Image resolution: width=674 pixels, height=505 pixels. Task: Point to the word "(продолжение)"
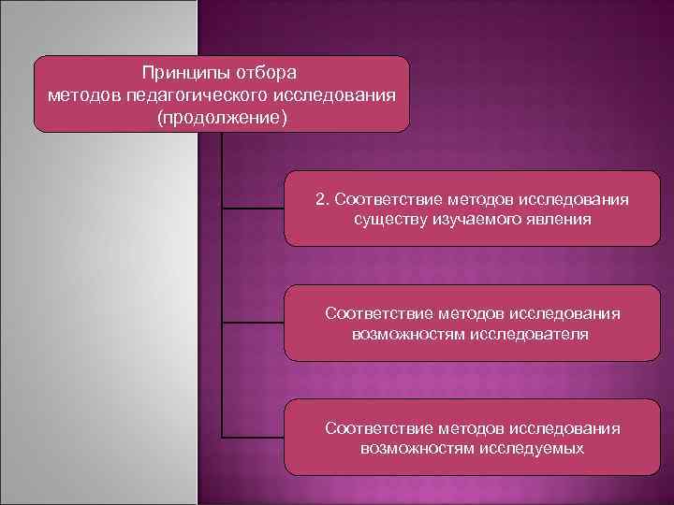(222, 119)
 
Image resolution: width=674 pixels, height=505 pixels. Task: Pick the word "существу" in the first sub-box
(388, 219)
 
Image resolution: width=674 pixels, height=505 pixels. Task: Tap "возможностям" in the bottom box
(408, 448)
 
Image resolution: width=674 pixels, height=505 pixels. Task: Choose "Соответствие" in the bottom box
(377, 427)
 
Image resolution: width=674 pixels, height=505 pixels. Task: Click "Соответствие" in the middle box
(377, 312)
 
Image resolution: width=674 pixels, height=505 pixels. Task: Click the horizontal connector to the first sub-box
(253, 208)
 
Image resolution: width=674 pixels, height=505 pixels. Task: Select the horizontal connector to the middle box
(253, 323)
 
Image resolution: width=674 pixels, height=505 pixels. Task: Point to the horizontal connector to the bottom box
(253, 437)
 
